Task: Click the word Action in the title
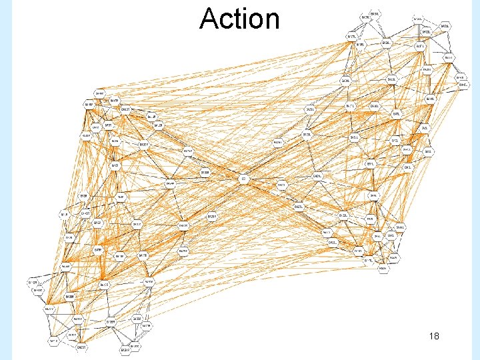(x=239, y=19)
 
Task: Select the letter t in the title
(x=236, y=19)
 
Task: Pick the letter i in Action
(x=243, y=19)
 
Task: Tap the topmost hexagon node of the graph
(x=375, y=14)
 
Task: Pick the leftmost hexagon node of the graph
(x=32, y=283)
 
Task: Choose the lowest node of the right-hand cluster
(x=383, y=269)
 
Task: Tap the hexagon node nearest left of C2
(x=205, y=173)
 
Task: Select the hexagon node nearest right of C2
(x=281, y=185)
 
